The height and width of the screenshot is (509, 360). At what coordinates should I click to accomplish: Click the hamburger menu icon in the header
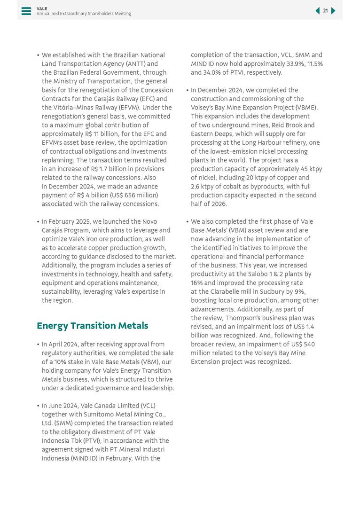pyautogui.click(x=26, y=11)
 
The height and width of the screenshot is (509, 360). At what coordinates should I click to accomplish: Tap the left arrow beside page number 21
pyautogui.click(x=318, y=11)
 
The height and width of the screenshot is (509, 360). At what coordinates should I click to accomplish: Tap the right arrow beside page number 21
pyautogui.click(x=333, y=11)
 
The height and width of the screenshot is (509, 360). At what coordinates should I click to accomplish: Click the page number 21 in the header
pyautogui.click(x=325, y=11)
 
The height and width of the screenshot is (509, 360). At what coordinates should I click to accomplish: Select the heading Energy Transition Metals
pyautogui.click(x=92, y=326)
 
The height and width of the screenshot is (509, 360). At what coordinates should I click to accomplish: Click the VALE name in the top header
pyautogui.click(x=42, y=8)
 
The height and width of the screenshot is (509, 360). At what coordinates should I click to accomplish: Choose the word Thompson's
pyautogui.click(x=222, y=318)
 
